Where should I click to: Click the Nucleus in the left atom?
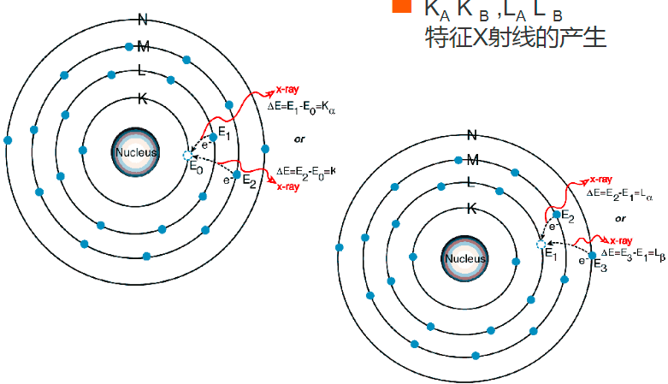point(136,151)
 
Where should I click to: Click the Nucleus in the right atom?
point(464,258)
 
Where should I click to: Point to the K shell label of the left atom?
point(143,99)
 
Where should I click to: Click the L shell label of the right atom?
point(470,181)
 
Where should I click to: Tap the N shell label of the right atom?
point(471,134)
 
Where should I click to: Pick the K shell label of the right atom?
point(471,208)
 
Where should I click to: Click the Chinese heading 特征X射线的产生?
point(516,38)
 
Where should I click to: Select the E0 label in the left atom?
point(196,169)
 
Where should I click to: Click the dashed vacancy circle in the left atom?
point(187,155)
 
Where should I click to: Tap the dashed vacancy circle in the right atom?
point(541,244)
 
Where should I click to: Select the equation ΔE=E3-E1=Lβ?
point(633,253)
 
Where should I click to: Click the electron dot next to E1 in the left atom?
point(212,136)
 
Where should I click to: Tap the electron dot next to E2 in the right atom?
point(556,215)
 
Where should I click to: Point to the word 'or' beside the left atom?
point(299,138)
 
